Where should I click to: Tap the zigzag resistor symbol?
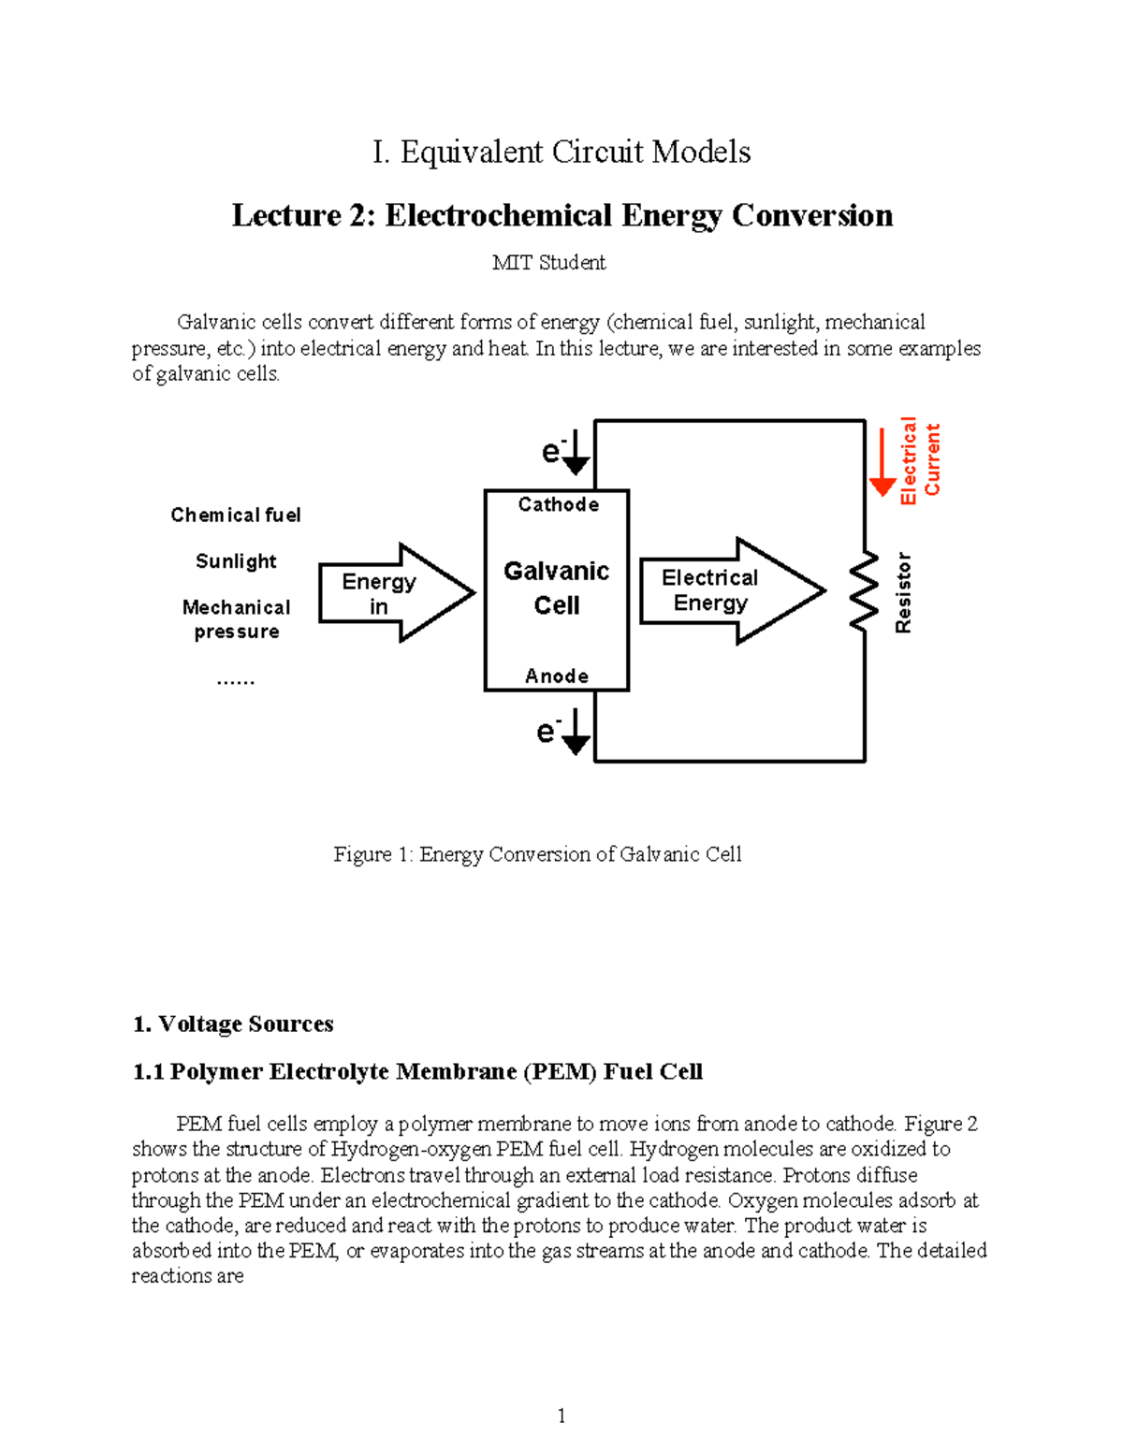864,590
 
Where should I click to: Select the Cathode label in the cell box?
558,504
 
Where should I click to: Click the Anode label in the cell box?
557,676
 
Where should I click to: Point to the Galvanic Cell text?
557,588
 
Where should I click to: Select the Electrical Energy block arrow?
730,591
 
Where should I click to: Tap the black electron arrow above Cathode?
576,453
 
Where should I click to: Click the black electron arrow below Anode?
576,732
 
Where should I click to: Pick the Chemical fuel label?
236,515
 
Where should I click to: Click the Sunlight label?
236,561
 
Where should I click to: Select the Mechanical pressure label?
237,619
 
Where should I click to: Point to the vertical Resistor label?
903,592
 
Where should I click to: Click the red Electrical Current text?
920,460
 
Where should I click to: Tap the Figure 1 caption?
537,854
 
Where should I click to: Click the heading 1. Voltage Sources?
233,1024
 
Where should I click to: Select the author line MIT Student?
549,263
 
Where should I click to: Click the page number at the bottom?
561,1416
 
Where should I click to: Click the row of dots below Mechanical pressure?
236,682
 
